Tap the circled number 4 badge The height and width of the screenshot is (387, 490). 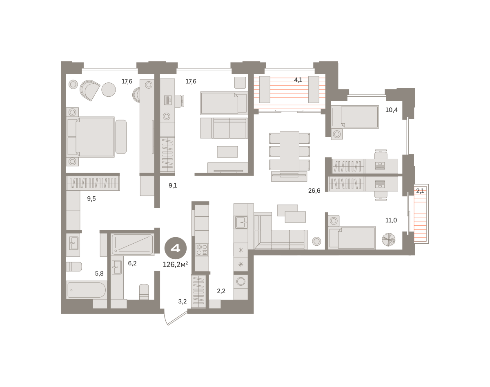pos(176,248)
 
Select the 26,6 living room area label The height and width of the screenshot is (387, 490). pos(314,191)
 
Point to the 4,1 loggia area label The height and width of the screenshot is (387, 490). pos(298,80)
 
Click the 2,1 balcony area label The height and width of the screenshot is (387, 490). pos(420,191)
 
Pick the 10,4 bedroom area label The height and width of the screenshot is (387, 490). pos(392,110)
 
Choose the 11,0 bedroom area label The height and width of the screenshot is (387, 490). pos(391,220)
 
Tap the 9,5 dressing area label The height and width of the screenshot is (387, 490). pos(91,199)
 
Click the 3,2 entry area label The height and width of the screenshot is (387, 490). pos(183,301)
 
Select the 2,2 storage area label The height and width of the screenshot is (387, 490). pos(221,291)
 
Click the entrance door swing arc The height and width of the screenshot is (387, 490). pos(165,319)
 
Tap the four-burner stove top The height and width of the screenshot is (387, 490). pos(202,249)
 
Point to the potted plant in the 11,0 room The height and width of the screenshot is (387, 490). pos(388,240)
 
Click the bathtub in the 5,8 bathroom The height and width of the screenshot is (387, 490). pos(87,290)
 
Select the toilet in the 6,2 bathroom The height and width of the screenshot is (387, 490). pos(144,291)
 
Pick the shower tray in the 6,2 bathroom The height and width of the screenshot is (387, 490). pos(133,245)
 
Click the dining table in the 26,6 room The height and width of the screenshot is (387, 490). pos(290,151)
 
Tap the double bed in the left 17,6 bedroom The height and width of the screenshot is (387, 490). pos(91,137)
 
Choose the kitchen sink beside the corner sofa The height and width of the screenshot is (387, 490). pos(241,222)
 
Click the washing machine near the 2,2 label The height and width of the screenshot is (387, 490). pos(241,281)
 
